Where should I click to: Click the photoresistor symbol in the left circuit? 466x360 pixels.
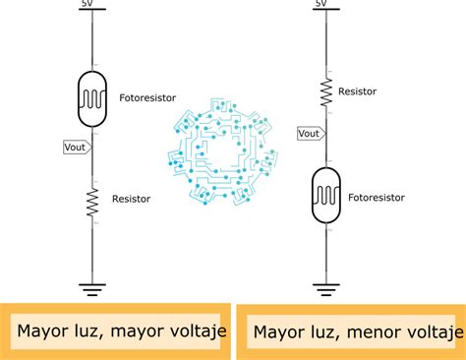[x=92, y=98]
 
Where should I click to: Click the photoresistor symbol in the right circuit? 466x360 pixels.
[x=326, y=195]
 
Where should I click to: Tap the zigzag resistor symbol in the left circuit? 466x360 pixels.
[x=92, y=203]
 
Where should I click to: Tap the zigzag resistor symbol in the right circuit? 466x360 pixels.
[x=326, y=92]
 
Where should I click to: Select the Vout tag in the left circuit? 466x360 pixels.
[x=78, y=148]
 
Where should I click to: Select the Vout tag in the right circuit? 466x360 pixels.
[x=312, y=134]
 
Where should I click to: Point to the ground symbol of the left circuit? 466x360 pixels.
[x=92, y=290]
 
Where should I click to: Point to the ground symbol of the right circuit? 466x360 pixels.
[x=326, y=290]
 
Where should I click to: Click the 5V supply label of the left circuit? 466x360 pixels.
[x=87, y=3]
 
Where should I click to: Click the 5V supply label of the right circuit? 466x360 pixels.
[x=321, y=3]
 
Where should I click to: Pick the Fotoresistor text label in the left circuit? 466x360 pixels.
[x=147, y=97]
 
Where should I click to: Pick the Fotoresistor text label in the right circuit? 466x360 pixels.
[x=377, y=198]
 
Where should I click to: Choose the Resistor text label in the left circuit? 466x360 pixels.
[x=131, y=199]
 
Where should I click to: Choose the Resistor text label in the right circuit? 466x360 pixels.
[x=357, y=91]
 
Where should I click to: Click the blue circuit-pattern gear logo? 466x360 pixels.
[x=223, y=151]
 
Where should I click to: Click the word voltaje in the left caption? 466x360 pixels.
[x=198, y=331]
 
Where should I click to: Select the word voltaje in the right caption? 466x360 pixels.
[x=435, y=332]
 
